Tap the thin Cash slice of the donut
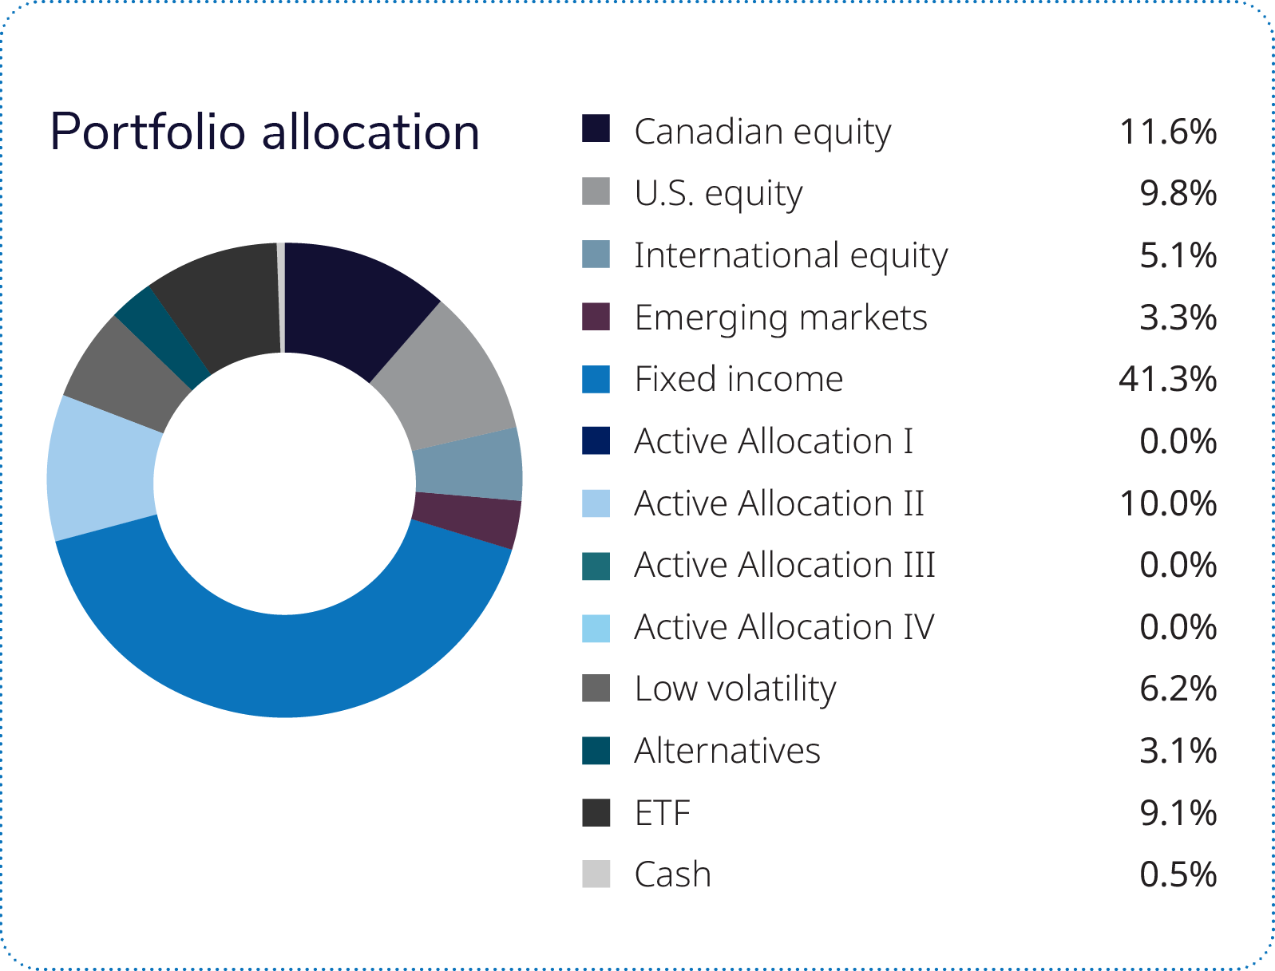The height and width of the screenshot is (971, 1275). point(280,297)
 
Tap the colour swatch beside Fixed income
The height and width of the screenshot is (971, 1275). point(596,379)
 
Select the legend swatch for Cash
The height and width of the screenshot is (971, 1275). point(596,874)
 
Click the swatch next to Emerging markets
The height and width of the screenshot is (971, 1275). point(596,317)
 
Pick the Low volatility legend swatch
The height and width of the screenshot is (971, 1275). point(596,689)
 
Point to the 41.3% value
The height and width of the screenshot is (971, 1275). point(1167,379)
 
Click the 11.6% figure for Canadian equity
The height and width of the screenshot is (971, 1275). point(1167,131)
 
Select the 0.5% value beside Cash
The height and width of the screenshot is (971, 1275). point(1178,874)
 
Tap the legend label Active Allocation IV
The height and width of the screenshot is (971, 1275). point(784,627)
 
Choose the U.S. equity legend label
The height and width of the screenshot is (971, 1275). point(719,195)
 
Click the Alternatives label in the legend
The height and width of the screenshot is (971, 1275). point(727,751)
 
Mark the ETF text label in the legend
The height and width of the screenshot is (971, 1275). point(662,812)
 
